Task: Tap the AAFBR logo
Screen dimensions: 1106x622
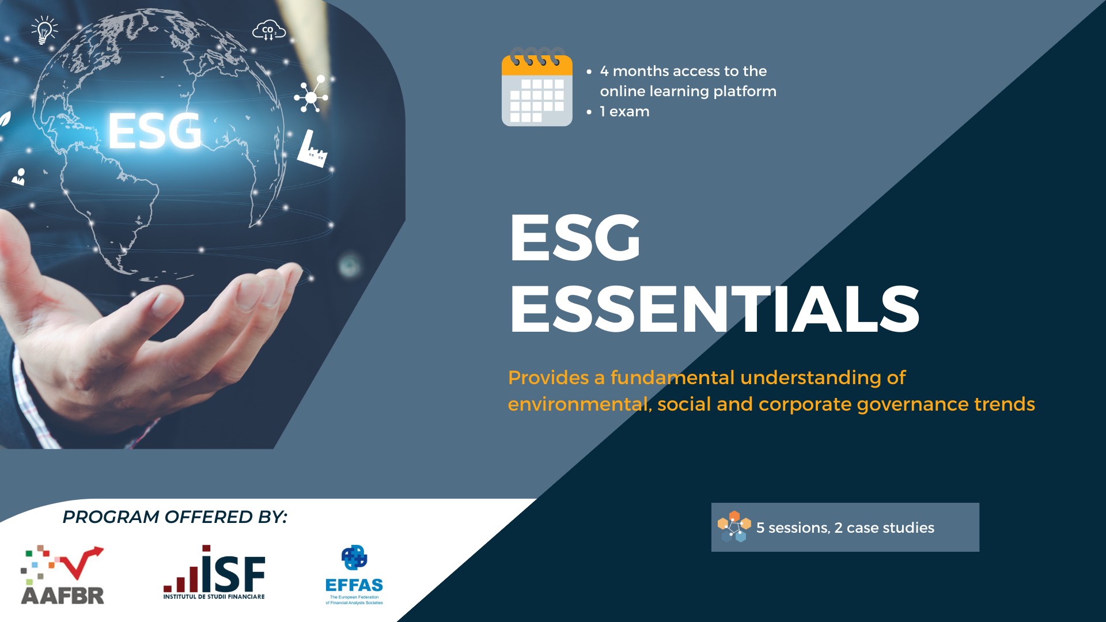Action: coord(62,575)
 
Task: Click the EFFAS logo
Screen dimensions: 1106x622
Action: coord(354,575)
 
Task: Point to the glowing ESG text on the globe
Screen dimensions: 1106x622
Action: coord(155,131)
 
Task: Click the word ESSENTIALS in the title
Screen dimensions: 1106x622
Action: coord(715,309)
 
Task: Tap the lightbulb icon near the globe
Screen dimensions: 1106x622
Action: coord(44,30)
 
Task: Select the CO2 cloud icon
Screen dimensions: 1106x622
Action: coord(269,31)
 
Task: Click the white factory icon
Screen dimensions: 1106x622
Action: coord(312,149)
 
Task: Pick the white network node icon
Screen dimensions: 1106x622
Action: coord(311,96)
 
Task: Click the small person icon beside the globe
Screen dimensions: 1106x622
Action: coord(20,176)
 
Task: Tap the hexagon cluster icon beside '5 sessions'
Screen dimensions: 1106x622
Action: coord(734,526)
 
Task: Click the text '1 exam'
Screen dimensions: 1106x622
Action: coord(624,111)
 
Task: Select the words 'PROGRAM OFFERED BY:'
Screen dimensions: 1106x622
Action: coord(175,517)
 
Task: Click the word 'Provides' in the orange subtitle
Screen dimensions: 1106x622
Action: coord(548,378)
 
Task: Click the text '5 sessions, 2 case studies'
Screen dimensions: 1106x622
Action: coord(845,528)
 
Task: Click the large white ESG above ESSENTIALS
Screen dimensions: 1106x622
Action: coord(575,237)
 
